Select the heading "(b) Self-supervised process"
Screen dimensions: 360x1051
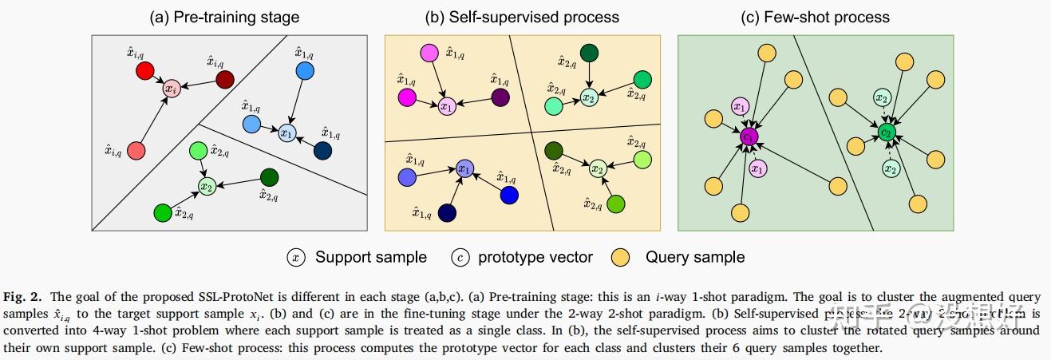pos(523,17)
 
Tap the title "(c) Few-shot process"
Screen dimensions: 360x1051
pos(815,17)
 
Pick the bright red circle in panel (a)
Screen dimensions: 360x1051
pos(144,73)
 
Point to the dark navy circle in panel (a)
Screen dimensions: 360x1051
pos(323,151)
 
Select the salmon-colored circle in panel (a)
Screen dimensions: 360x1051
pos(136,150)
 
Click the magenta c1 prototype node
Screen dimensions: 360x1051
pos(749,136)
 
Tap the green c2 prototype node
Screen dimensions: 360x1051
pos(886,132)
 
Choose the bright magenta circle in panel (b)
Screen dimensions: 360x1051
pos(406,97)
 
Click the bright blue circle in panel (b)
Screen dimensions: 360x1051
pos(509,196)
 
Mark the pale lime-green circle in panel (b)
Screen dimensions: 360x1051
pos(644,159)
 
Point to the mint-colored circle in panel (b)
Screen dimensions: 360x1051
pos(553,105)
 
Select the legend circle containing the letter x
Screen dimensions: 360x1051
pos(296,257)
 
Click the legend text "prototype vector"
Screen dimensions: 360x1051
pos(535,257)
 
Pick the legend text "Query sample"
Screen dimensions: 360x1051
pos(695,257)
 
